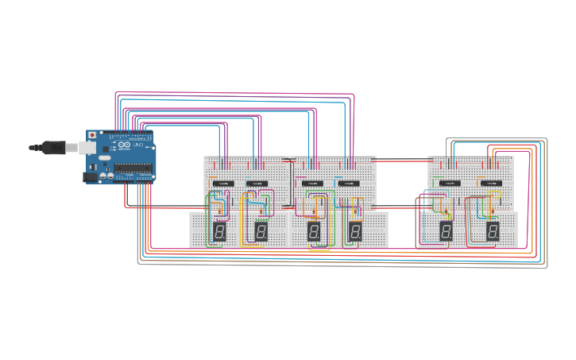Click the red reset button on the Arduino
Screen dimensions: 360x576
click(x=92, y=136)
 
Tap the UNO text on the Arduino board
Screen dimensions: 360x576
click(x=137, y=146)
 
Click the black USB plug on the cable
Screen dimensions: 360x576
click(x=53, y=147)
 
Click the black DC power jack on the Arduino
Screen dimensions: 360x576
click(x=91, y=177)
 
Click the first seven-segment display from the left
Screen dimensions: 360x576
click(x=219, y=231)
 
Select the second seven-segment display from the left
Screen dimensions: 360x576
click(x=261, y=231)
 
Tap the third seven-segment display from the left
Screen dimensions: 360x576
click(x=314, y=231)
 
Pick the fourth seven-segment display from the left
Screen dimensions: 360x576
click(x=355, y=231)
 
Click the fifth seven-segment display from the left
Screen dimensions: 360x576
click(x=446, y=230)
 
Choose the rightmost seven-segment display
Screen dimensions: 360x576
click(x=493, y=230)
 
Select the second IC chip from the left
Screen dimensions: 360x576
click(x=257, y=184)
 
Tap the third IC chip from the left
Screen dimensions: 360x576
click(x=312, y=184)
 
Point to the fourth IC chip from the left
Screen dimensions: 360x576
click(x=349, y=184)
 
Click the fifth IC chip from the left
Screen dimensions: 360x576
click(x=450, y=183)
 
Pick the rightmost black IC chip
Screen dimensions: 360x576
click(x=491, y=183)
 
